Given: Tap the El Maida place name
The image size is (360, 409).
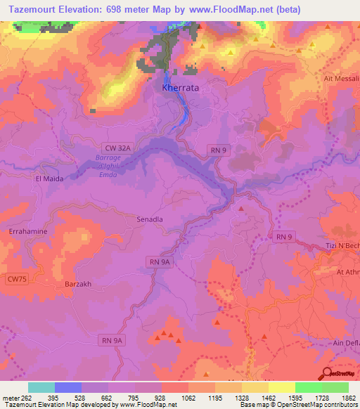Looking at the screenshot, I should click(x=50, y=179).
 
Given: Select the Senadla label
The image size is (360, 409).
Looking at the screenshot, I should click(x=149, y=219).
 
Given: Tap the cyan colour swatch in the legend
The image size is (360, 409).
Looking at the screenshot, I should click(x=41, y=387).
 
